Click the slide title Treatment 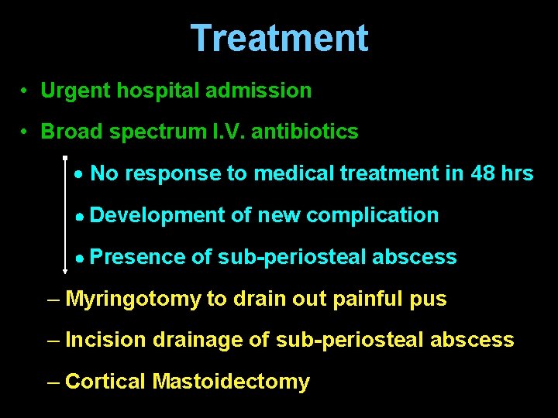(x=279, y=38)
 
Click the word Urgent (x=75, y=91)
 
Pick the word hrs (x=518, y=173)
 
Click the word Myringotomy (x=133, y=300)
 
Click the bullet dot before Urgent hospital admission (x=26, y=91)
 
